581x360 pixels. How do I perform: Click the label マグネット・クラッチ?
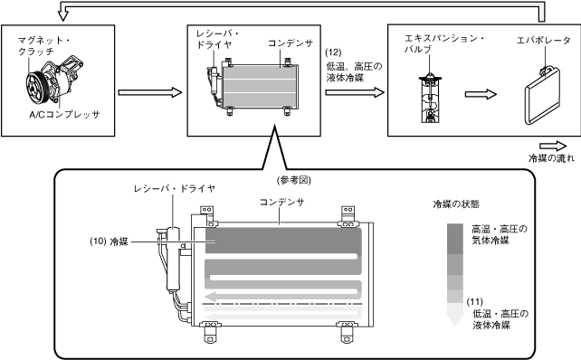(x=44, y=45)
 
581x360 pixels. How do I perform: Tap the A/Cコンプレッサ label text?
(x=64, y=115)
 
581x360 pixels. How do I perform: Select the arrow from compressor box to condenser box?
(x=150, y=92)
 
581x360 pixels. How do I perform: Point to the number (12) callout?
(x=333, y=52)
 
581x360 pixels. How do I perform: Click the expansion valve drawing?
(x=430, y=99)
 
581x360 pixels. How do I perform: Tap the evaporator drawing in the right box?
(x=542, y=96)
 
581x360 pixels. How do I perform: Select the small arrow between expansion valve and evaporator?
(x=481, y=94)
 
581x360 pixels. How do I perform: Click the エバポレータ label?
(x=544, y=41)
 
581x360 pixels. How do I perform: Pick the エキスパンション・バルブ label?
(x=444, y=43)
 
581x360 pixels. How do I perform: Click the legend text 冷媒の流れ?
(x=551, y=158)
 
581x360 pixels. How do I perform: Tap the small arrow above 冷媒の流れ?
(x=553, y=146)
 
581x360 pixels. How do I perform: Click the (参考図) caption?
(x=294, y=180)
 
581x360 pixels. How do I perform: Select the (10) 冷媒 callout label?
(x=109, y=242)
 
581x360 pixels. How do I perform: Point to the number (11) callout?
(x=474, y=302)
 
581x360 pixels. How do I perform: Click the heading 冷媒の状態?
(x=456, y=204)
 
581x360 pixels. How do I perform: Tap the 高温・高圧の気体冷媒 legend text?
(x=500, y=235)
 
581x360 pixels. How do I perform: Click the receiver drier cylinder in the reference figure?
(x=173, y=259)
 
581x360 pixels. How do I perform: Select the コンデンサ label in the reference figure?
(x=282, y=203)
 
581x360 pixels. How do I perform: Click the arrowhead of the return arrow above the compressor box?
(x=63, y=16)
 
